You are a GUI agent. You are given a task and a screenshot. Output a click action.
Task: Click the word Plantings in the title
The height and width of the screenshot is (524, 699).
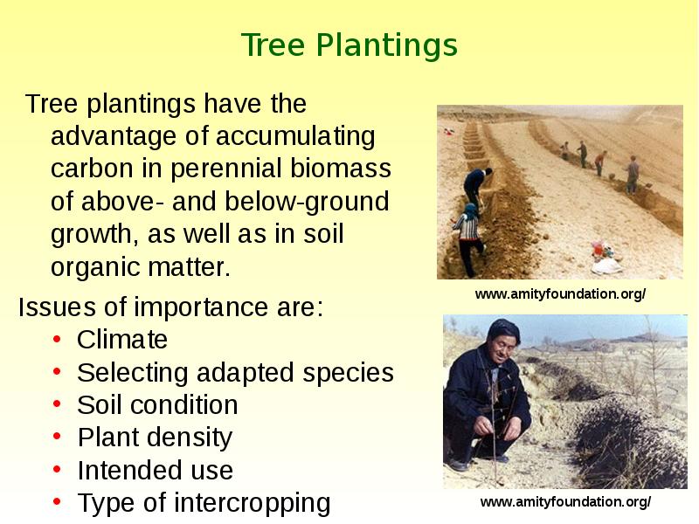tap(387, 46)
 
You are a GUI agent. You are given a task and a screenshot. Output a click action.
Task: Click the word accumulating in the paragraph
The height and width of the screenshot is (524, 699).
tap(295, 136)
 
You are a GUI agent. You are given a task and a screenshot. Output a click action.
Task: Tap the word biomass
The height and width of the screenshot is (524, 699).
tap(341, 169)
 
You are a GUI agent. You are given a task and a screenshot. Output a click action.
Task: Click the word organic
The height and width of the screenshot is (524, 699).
tap(95, 267)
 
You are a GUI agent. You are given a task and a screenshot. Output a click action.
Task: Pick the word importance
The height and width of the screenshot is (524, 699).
tap(201, 307)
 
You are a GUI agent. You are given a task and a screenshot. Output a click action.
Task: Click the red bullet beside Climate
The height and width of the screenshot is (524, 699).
tap(57, 340)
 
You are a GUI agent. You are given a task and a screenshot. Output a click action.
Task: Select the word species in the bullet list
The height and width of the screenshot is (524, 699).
tap(348, 373)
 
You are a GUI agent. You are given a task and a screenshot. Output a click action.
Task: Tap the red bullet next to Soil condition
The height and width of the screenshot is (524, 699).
tap(57, 404)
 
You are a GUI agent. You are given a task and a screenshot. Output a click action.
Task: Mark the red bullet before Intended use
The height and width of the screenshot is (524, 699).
tap(57, 469)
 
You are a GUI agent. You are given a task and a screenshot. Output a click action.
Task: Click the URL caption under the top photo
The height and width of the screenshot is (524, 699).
tap(560, 294)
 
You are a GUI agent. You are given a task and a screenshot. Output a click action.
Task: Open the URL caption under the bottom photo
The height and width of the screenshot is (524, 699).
tap(565, 502)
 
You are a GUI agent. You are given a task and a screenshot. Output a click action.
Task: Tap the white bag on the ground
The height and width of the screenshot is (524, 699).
tap(606, 266)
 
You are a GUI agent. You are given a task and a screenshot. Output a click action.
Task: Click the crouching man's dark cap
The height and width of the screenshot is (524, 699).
tap(503, 329)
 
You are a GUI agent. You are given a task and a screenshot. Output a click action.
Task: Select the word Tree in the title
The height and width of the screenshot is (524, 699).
tap(273, 45)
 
